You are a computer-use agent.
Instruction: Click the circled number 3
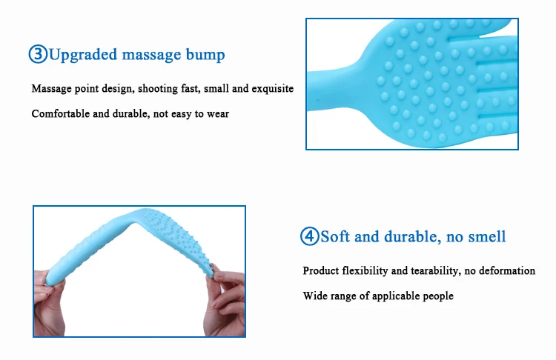38,54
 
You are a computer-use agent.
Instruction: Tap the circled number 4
310,236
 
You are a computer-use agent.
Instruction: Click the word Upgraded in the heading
83,56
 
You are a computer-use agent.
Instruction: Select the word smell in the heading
487,236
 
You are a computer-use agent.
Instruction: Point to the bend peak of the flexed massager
140,215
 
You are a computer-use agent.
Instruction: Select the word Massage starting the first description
51,89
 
